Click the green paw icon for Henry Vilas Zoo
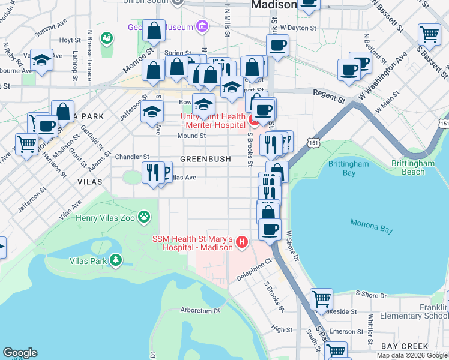[144, 216]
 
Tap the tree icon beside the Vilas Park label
[113, 260]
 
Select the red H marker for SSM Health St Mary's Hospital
[241, 242]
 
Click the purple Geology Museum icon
[202, 27]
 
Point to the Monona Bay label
[370, 227]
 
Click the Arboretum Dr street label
[200, 311]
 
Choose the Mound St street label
[191, 136]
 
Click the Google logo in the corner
[20, 353]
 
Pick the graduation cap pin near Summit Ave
[41, 60]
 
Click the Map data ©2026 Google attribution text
[412, 355]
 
